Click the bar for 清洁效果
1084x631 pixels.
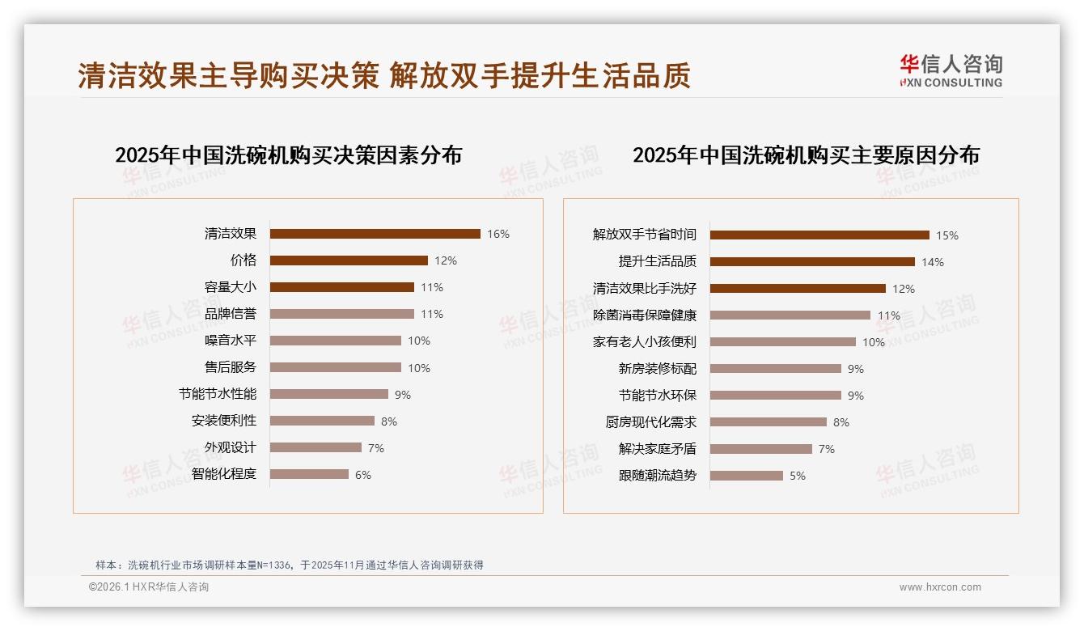[x=375, y=234]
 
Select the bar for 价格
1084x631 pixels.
[x=349, y=260]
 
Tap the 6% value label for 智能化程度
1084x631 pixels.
[x=363, y=475]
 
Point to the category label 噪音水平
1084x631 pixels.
[x=231, y=341]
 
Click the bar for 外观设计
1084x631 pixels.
[x=315, y=447]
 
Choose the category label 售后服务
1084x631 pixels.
[x=231, y=367]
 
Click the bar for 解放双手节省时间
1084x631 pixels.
[x=819, y=235]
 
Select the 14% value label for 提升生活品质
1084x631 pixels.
[x=933, y=262]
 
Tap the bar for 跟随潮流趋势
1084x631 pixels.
[x=747, y=476]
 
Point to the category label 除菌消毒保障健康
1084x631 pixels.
[x=645, y=315]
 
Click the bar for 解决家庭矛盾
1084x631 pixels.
[x=761, y=449]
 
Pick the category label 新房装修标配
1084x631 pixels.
[x=658, y=368]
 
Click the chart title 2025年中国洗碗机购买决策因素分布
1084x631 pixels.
[x=288, y=155]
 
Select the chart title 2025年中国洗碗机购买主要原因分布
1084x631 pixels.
[x=806, y=155]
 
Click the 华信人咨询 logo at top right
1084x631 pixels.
[x=951, y=71]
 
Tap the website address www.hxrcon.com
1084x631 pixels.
[x=940, y=587]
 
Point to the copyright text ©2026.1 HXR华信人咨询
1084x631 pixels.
[x=149, y=587]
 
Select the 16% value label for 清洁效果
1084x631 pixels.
[x=498, y=235]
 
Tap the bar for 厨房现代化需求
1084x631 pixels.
[x=769, y=422]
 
